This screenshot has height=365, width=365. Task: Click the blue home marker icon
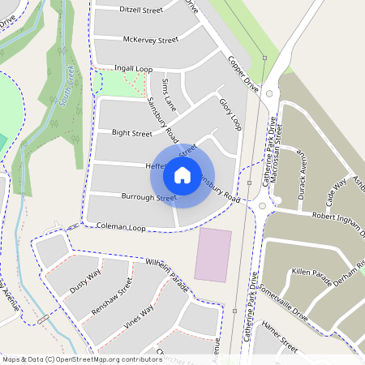(x=182, y=174)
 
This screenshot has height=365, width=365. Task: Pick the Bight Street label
(x=132, y=132)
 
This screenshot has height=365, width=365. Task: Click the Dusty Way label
(x=84, y=281)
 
